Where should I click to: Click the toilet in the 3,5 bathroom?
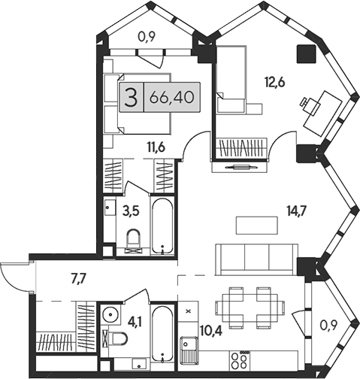click(134, 240)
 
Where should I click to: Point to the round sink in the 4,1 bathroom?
click(112, 313)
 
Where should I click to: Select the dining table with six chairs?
click(244, 307)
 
